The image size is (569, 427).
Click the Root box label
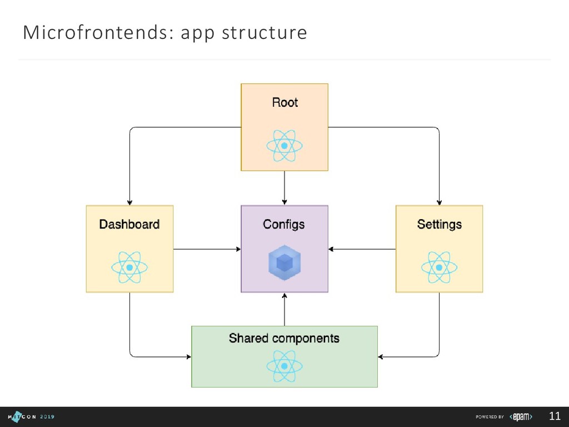[x=284, y=102]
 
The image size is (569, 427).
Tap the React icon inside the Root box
[x=284, y=146]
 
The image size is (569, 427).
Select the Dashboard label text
[x=129, y=224]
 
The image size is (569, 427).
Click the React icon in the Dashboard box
[x=129, y=267]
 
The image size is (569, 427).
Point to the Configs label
[x=284, y=224]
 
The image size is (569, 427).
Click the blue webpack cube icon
[x=284, y=263]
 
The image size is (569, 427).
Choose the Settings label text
[x=439, y=224]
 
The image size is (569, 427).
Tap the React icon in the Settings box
[x=439, y=267]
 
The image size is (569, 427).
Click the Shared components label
[x=284, y=338]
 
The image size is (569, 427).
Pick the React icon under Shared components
[x=284, y=366]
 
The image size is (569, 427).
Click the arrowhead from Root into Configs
[x=284, y=202]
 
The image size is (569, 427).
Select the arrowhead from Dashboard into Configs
[x=237, y=249]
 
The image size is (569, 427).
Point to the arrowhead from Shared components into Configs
[x=284, y=296]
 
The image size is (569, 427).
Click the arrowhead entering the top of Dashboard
[x=129, y=202]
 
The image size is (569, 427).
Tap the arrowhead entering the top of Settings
[x=439, y=202]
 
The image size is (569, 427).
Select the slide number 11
[x=554, y=416]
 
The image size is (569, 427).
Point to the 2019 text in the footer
[x=47, y=416]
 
